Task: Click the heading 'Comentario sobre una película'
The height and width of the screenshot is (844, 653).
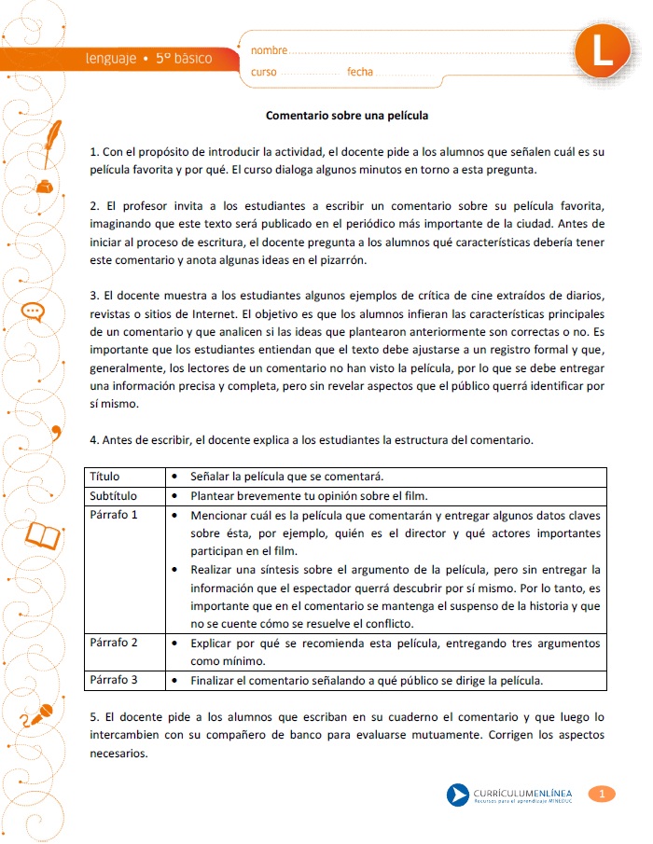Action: coord(346,117)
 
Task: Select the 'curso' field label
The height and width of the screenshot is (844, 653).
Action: coord(264,73)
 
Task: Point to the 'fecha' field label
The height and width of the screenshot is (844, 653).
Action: coord(360,73)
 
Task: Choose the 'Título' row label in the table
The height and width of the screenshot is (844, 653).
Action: coord(104,477)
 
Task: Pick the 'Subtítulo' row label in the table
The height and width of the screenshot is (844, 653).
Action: coord(113,495)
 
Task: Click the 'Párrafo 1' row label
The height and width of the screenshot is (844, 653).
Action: coord(114,514)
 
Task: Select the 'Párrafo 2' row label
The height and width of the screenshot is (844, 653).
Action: coord(114,643)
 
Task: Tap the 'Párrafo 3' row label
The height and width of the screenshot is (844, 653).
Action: coord(114,680)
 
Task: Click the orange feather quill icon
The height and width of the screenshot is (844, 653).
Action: coord(51,135)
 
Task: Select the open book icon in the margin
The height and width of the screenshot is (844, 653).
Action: coord(42,534)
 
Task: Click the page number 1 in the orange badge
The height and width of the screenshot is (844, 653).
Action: coord(602,794)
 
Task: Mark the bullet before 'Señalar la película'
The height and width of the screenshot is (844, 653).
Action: coord(175,477)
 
